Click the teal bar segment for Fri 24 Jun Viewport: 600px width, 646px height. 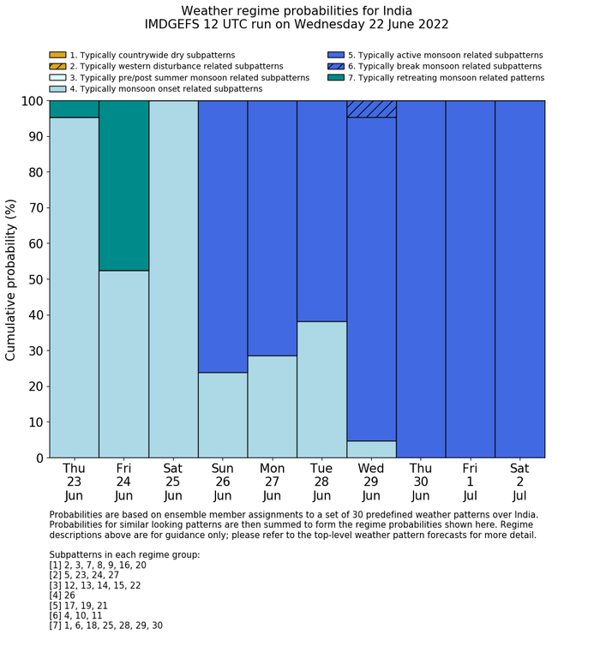(x=123, y=185)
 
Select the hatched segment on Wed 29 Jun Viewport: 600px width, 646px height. (x=371, y=109)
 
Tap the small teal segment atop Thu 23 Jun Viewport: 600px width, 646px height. (x=74, y=109)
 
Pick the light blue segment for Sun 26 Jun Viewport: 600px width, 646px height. (x=223, y=415)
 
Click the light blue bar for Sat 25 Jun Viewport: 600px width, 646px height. (x=173, y=279)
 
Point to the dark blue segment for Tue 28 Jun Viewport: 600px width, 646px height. (x=321, y=211)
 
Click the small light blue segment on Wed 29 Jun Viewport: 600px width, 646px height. (x=371, y=449)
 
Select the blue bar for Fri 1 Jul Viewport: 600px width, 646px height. (x=470, y=279)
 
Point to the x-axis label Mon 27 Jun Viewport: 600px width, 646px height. (x=272, y=482)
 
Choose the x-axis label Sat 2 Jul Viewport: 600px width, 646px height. (x=519, y=482)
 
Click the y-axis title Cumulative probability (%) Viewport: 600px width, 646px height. (x=11, y=279)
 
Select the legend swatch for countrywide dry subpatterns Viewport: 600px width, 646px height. (x=57, y=55)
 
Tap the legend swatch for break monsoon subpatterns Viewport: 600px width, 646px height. (x=336, y=66)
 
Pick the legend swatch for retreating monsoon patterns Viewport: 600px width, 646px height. (x=336, y=77)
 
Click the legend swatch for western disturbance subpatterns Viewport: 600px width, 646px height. (x=57, y=66)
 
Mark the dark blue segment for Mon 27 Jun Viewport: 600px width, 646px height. (x=272, y=228)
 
